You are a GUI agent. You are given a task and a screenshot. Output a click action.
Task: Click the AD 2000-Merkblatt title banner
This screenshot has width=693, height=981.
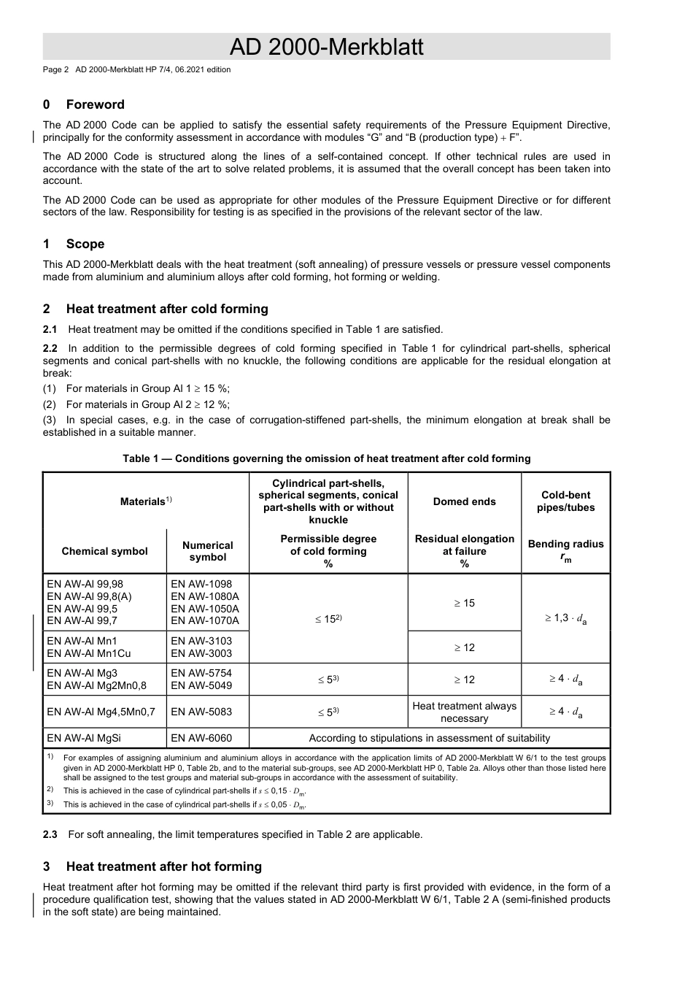coord(326,47)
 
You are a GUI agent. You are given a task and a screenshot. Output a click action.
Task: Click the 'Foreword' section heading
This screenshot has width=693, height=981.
coord(95,104)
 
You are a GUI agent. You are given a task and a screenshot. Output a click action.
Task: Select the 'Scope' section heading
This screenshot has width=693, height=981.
coord(85,244)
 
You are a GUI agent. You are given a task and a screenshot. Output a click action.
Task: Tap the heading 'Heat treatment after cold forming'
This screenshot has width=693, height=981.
coord(167,309)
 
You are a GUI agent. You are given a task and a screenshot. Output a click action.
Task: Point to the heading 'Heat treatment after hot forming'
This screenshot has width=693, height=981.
coord(163,866)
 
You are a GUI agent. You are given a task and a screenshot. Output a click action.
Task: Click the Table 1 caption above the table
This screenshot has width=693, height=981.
coord(326,458)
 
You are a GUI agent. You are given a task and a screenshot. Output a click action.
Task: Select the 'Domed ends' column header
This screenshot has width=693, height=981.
coord(464,501)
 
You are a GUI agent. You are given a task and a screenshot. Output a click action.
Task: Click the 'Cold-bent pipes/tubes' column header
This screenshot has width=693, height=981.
coord(565,501)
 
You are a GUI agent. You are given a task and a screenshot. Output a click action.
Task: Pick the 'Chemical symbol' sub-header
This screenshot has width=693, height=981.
coord(104,551)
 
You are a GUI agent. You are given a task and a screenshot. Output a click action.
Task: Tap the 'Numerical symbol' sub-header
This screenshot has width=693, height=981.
coord(207,551)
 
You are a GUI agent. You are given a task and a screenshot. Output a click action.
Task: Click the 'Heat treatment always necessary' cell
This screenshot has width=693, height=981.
coord(464,712)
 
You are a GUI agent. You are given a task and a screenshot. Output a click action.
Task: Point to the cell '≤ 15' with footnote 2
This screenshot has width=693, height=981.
coord(328,618)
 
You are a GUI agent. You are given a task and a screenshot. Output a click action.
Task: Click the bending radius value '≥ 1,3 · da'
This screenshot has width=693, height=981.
coord(565,618)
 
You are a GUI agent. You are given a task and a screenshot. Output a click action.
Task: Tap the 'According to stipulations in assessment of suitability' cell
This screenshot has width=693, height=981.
coord(429,738)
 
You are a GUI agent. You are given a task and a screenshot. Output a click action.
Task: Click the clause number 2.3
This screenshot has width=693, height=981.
coord(50,834)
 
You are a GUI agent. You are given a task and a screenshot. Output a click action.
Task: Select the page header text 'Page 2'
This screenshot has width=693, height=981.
coord(55,70)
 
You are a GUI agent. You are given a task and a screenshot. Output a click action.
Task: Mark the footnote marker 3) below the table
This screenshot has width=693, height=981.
coord(50,804)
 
